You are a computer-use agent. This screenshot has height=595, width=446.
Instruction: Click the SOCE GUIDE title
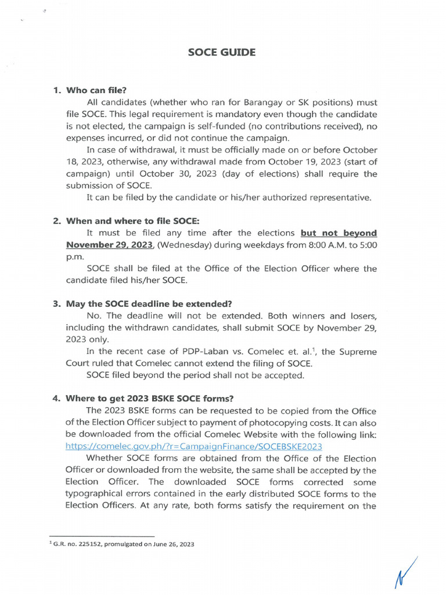tap(221, 53)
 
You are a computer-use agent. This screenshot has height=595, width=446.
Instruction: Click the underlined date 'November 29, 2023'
tap(109, 245)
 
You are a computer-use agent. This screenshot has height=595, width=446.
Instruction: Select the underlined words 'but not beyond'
tap(339, 233)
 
